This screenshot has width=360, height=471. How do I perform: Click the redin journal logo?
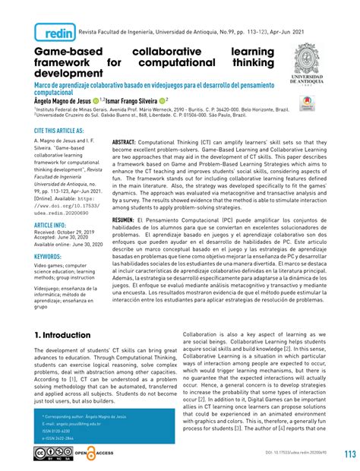(x=56, y=33)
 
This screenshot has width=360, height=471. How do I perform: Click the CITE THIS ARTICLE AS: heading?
(x=65, y=131)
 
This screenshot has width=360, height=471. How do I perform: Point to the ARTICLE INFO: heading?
(x=54, y=226)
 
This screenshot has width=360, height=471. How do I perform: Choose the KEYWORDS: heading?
(x=52, y=257)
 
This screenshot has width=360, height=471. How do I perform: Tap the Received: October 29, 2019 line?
(x=68, y=232)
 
